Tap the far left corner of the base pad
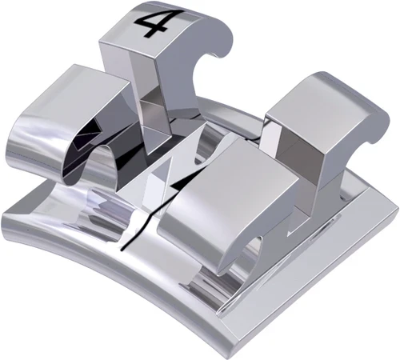point(6,210)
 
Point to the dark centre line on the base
point(132,236)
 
